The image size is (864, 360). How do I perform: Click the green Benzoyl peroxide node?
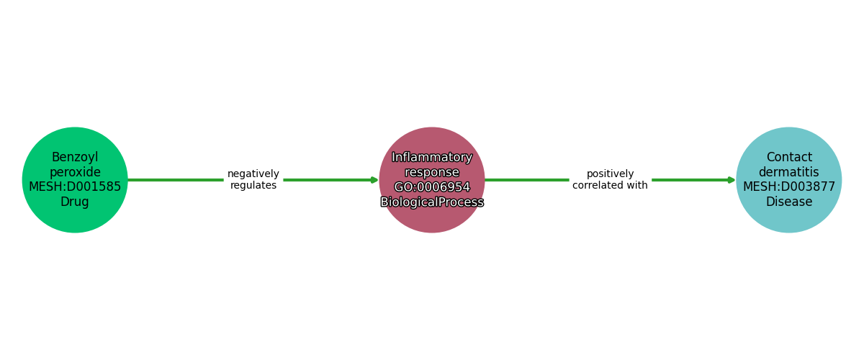click(x=75, y=180)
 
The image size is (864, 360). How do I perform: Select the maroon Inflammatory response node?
click(x=432, y=180)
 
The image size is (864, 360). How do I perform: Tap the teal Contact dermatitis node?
click(x=789, y=180)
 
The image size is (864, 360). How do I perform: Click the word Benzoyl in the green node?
click(x=75, y=157)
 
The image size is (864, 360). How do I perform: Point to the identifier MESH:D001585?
click(x=75, y=186)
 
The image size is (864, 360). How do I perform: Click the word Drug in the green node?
click(x=75, y=202)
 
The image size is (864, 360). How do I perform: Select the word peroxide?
click(x=75, y=172)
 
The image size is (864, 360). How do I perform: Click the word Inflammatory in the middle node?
click(x=432, y=157)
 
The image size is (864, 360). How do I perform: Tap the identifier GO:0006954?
click(x=432, y=186)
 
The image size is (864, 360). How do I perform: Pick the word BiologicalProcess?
click(x=432, y=202)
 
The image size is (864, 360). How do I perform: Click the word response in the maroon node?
click(x=432, y=172)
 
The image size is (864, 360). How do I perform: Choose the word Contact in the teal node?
click(x=789, y=157)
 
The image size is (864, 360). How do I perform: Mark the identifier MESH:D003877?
click(x=789, y=186)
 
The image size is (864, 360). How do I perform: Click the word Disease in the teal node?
click(x=789, y=202)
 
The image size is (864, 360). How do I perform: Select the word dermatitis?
click(x=789, y=172)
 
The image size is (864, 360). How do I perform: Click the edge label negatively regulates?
click(x=253, y=179)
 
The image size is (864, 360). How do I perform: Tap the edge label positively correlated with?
click(x=610, y=179)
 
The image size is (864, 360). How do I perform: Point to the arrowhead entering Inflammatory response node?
click(x=375, y=180)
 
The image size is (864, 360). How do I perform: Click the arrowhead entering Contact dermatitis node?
click(x=732, y=180)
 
